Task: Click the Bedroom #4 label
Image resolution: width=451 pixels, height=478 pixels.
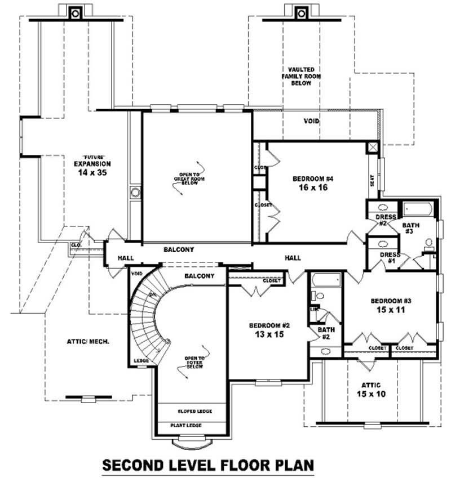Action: [313, 179]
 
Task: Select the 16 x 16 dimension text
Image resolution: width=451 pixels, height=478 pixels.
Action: [313, 188]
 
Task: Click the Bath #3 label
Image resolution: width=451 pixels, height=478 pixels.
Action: [410, 228]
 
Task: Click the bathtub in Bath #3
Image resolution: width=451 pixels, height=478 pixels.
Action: [417, 211]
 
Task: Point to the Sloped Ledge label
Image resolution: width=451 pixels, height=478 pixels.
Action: [194, 412]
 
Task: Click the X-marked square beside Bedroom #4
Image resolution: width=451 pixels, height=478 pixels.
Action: [373, 148]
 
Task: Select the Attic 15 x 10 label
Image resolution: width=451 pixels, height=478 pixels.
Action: [370, 390]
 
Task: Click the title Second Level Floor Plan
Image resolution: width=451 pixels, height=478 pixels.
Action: [207, 465]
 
